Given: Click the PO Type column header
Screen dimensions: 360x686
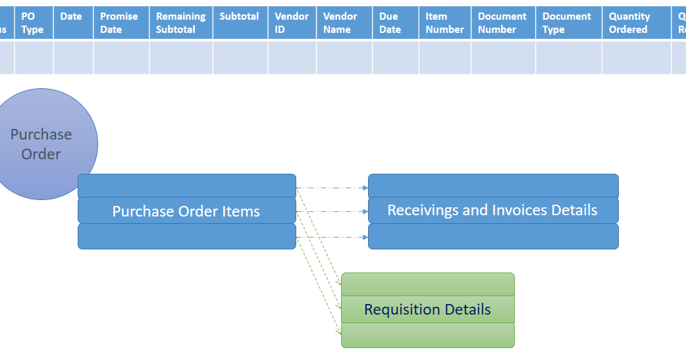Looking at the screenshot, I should pyautogui.click(x=34, y=23).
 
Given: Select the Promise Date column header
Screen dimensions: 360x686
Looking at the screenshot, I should pyautogui.click(x=121, y=23).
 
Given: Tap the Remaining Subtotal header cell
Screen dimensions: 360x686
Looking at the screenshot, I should pyautogui.click(x=180, y=23).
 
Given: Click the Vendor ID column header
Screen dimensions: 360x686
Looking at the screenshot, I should pyautogui.click(x=292, y=23).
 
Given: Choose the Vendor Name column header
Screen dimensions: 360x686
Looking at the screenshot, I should pyautogui.click(x=344, y=23).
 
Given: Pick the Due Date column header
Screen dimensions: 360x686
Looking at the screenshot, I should pyautogui.click(x=395, y=23).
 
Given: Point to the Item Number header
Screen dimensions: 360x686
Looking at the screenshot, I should pyautogui.click(x=444, y=23).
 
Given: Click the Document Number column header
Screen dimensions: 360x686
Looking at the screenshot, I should pyautogui.click(x=503, y=23).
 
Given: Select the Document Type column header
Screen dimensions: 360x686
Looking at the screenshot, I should pyautogui.click(x=568, y=23).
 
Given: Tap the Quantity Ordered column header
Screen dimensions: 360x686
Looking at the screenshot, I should pyautogui.click(x=636, y=23).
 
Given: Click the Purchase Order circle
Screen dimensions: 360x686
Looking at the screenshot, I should pyautogui.click(x=41, y=144).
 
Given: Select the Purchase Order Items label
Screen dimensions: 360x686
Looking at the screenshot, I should pyautogui.click(x=186, y=211).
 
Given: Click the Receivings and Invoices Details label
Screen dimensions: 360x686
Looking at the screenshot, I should pyautogui.click(x=492, y=210).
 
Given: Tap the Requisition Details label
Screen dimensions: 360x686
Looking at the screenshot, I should pyautogui.click(x=427, y=309).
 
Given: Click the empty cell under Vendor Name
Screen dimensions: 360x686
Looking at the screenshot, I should pyautogui.click(x=344, y=57).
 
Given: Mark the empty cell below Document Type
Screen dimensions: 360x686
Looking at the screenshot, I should pyautogui.click(x=568, y=57).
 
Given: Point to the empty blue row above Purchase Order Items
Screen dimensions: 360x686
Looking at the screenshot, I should pyautogui.click(x=186, y=186).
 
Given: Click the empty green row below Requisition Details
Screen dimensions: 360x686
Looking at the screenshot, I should pyautogui.click(x=427, y=335).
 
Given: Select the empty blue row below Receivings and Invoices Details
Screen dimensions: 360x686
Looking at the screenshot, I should pyautogui.click(x=492, y=236).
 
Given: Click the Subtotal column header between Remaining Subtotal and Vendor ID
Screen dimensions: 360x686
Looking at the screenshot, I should pyautogui.click(x=240, y=23).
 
